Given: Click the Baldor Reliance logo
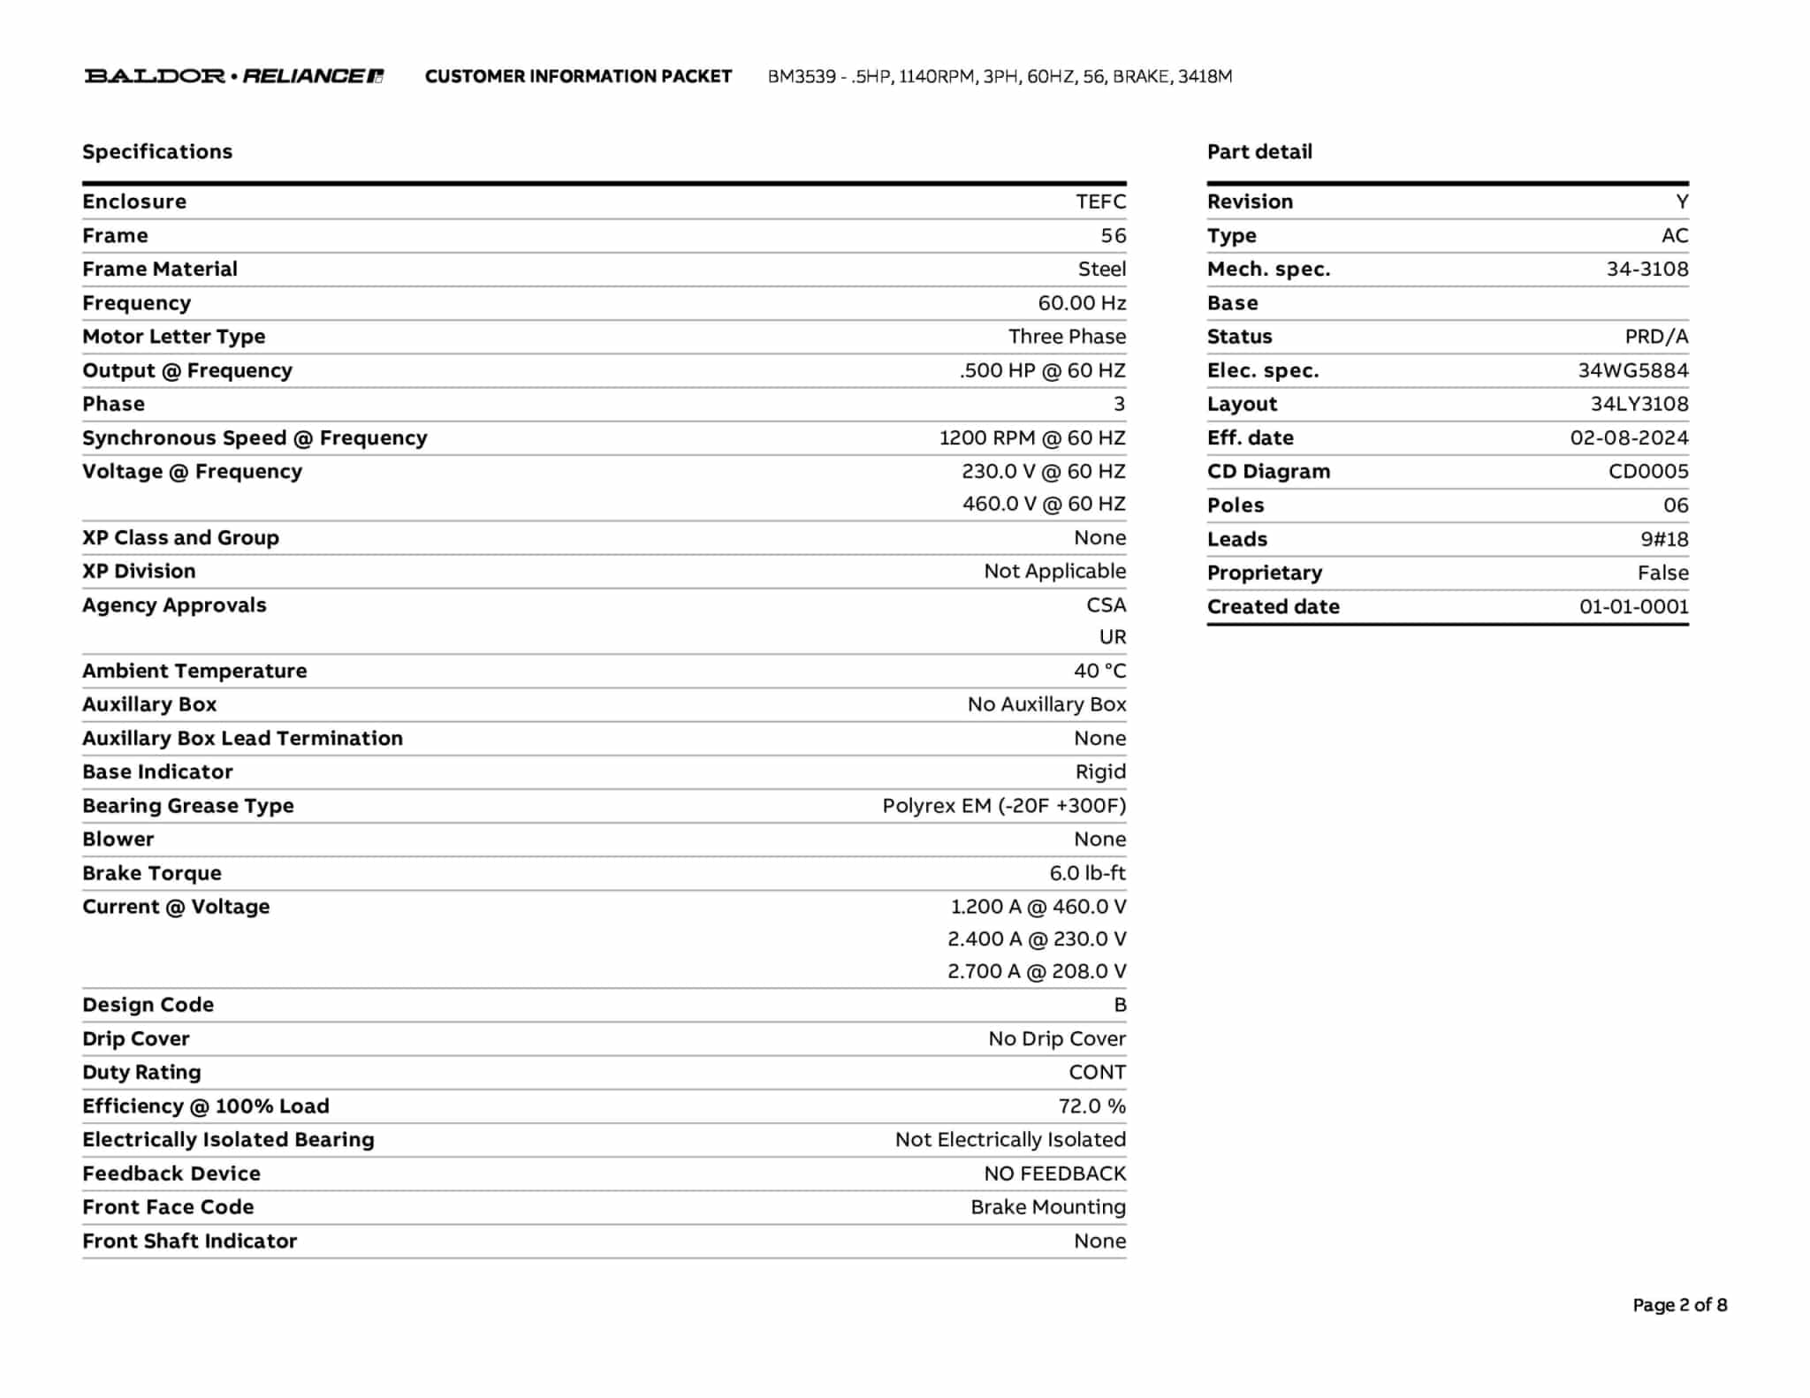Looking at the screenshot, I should pyautogui.click(x=234, y=76).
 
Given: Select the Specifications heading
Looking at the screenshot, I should pyautogui.click(x=157, y=152).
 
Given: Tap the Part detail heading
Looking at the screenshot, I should pyautogui.click(x=1259, y=152).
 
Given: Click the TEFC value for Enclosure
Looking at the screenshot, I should pyautogui.click(x=1100, y=201).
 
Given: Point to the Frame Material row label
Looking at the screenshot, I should pyautogui.click(x=160, y=269).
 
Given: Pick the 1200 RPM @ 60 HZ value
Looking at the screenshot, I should pyautogui.click(x=1032, y=437).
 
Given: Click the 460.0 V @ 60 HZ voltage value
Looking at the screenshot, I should pyautogui.click(x=1044, y=504).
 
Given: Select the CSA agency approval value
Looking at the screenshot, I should pyautogui.click(x=1106, y=605).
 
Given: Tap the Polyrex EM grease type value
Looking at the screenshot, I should pyautogui.click(x=1004, y=806).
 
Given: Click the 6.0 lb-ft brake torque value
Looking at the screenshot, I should pyautogui.click(x=1087, y=873).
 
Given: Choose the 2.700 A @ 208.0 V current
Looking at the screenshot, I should pyautogui.click(x=1037, y=971).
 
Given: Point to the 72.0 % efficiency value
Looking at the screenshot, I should pyautogui.click(x=1091, y=1106).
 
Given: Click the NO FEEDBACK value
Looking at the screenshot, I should pyautogui.click(x=1054, y=1174).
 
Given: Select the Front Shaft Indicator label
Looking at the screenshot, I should pyautogui.click(x=190, y=1241).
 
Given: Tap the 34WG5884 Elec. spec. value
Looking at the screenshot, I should pyautogui.click(x=1632, y=370).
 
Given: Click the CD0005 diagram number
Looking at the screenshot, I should pyautogui.click(x=1647, y=471).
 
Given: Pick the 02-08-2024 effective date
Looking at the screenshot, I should pyautogui.click(x=1629, y=437).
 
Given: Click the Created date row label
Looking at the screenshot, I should pyautogui.click(x=1273, y=606).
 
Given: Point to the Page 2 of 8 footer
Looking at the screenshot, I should pyautogui.click(x=1679, y=1305).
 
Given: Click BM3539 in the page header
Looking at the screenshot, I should pyautogui.click(x=802, y=77).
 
